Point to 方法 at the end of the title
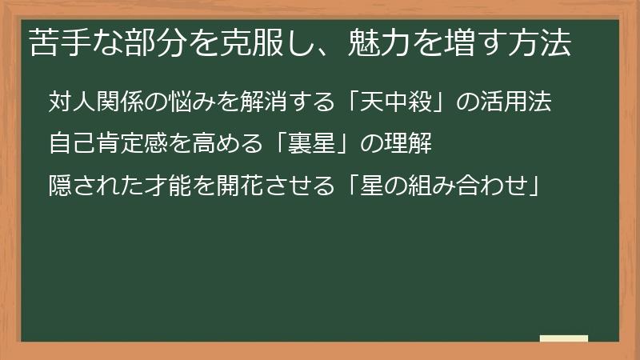click(x=542, y=44)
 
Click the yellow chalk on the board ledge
click(x=563, y=338)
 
